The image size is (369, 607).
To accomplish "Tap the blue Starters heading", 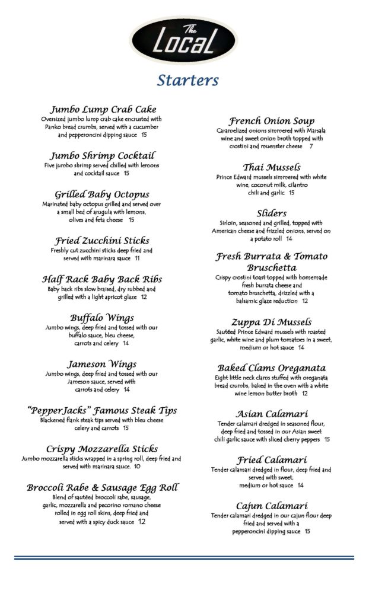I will click(187, 80).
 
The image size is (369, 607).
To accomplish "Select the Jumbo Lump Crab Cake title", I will click(103, 109).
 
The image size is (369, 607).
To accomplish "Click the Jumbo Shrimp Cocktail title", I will click(103, 155).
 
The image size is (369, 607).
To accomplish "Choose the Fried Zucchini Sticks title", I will click(102, 241).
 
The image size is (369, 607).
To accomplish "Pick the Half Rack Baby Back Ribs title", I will click(102, 279).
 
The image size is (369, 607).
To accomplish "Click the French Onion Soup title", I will click(272, 121).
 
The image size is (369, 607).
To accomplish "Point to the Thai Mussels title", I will click(272, 167).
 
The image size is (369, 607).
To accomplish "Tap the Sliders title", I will click(272, 213).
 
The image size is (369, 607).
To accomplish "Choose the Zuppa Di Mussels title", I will click(272, 321).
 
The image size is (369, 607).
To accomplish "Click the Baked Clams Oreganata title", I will click(272, 368).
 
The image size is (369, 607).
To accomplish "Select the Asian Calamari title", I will click(272, 414).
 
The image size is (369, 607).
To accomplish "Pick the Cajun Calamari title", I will click(272, 506).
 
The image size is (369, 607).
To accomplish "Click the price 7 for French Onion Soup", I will click(311, 146).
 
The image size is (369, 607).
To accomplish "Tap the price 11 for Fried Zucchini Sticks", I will click(137, 258).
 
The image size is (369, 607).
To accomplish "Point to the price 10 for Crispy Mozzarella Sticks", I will click(137, 467).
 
